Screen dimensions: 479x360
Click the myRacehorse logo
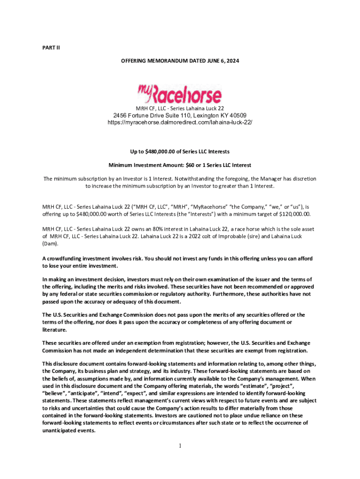pos(180,94)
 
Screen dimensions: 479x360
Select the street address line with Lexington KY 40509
pos(180,116)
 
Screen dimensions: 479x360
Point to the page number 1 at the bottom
pos(180,445)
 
